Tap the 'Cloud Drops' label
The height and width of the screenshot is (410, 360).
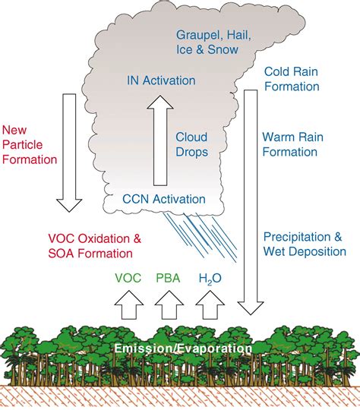(191, 143)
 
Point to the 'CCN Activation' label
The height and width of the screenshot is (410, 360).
(164, 199)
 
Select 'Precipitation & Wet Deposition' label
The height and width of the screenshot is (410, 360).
(303, 243)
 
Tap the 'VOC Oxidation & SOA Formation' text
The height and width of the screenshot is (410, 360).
(93, 244)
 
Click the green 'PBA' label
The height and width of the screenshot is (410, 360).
(169, 279)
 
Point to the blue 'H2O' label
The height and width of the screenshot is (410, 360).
(210, 279)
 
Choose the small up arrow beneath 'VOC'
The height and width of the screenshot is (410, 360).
(127, 306)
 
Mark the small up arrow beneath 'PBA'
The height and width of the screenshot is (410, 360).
(169, 306)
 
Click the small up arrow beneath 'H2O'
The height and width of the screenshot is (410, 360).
(210, 306)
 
